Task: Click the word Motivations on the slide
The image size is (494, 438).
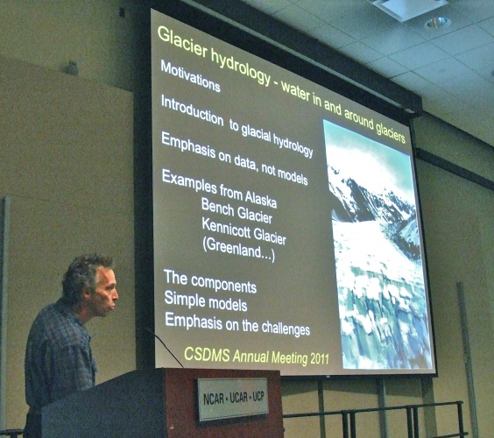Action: [x=190, y=76]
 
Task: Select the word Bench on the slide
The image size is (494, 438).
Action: [x=217, y=207]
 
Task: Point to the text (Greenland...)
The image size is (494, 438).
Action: [x=238, y=250]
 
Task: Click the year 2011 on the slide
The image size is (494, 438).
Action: [x=320, y=358]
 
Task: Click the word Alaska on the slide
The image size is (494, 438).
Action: [x=261, y=199]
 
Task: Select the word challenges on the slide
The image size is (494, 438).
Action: [x=286, y=328]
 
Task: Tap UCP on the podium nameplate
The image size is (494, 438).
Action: [x=258, y=397]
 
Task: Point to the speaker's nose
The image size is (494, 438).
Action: [x=116, y=295]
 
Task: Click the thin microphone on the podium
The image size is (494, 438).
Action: [x=164, y=347]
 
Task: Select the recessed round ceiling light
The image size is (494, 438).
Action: [x=438, y=23]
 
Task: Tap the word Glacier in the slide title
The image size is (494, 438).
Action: [x=182, y=43]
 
